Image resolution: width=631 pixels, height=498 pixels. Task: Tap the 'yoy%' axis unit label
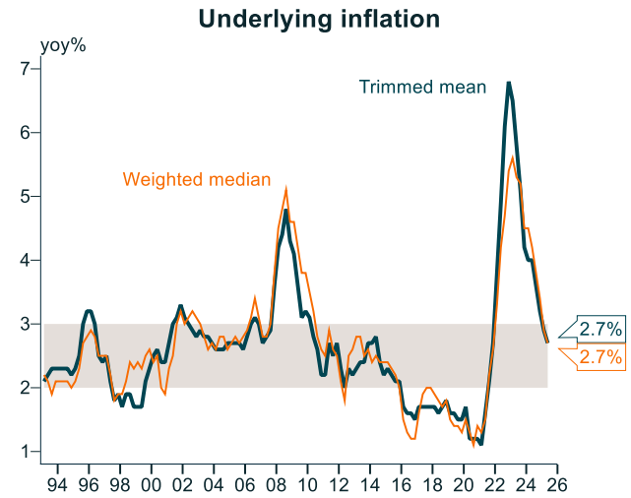[63, 45]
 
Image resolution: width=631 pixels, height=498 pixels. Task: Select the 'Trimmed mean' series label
[422, 87]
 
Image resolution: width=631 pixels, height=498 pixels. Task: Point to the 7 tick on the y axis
[26, 69]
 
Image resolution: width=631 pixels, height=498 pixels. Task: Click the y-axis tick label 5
[26, 197]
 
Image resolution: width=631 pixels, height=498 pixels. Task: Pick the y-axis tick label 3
[26, 324]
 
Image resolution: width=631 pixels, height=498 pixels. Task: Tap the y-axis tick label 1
[26, 452]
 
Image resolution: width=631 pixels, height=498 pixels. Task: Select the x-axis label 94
[57, 485]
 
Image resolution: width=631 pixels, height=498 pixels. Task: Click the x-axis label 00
[151, 485]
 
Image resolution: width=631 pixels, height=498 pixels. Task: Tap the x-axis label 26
[557, 485]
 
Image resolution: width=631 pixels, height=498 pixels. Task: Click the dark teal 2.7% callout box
[599, 328]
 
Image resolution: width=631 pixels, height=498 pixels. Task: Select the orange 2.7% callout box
[599, 357]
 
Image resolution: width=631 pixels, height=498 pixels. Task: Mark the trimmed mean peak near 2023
[509, 83]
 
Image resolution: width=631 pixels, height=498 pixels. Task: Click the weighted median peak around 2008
[285, 189]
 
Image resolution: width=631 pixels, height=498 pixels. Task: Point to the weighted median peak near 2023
[513, 157]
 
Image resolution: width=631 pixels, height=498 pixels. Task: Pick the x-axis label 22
[495, 485]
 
